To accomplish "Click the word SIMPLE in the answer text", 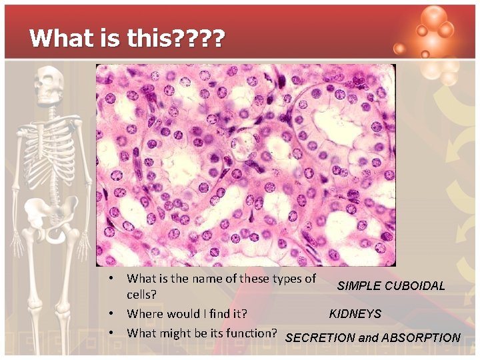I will (359, 286).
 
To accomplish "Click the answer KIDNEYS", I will (355, 314).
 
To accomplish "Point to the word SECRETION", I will (320, 337).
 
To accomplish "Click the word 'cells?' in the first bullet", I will (142, 294).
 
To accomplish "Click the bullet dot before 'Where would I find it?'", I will (115, 313).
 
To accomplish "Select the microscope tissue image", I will (245, 165).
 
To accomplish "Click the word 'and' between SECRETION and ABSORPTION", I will (368, 337).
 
